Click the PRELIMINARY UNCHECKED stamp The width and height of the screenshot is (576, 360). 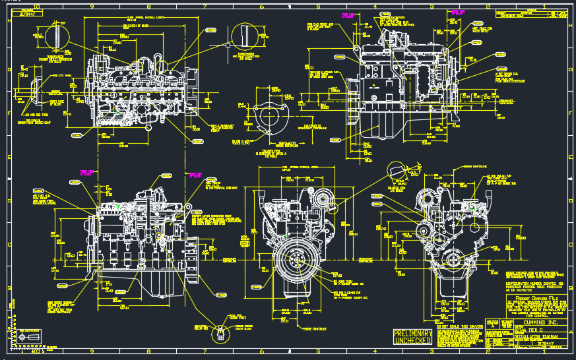click(412, 337)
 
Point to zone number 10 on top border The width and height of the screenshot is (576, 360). click(36, 7)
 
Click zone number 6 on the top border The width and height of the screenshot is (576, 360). click(262, 7)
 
